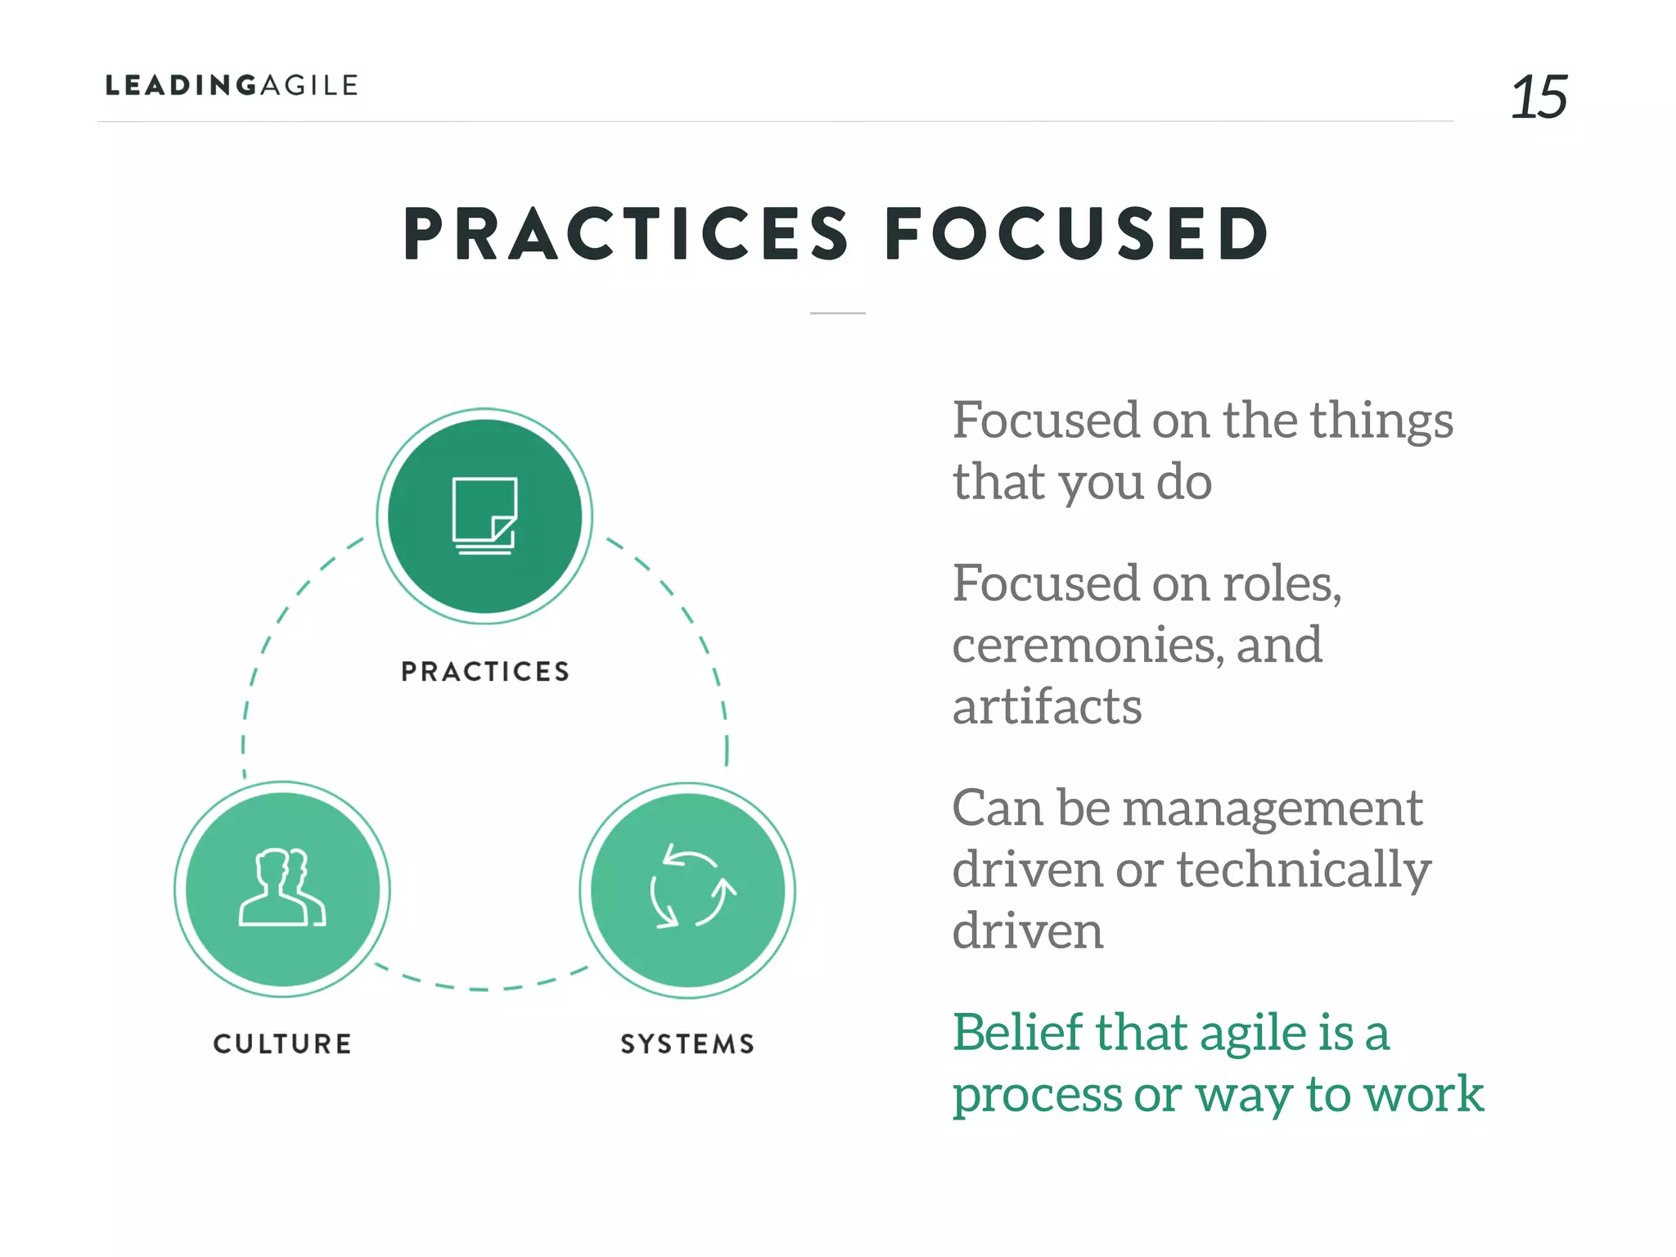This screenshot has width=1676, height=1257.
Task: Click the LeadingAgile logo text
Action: (x=232, y=85)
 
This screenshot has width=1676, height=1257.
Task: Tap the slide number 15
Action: (x=1538, y=97)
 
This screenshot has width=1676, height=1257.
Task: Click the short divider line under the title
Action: (x=837, y=313)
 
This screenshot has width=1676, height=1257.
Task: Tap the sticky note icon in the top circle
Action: (x=484, y=516)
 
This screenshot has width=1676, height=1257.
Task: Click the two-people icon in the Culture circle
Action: (x=282, y=888)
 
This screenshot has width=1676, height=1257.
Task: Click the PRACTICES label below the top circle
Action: (x=484, y=672)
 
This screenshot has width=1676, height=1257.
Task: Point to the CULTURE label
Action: (x=282, y=1044)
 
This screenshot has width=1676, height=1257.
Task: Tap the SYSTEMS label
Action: (x=687, y=1044)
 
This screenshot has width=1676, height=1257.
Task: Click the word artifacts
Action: (x=1047, y=706)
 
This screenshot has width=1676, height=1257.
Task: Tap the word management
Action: (x=1272, y=810)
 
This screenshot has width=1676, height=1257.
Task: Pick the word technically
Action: (x=1304, y=870)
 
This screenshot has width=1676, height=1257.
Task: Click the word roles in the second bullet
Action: (x=1281, y=584)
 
